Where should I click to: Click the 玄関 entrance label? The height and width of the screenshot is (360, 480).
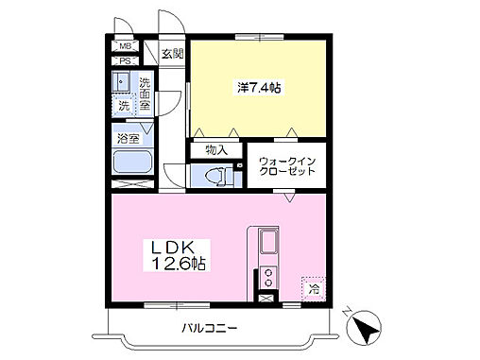click(x=171, y=54)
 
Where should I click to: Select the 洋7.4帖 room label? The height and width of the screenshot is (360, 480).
click(x=259, y=88)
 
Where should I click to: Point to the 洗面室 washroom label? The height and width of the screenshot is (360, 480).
click(x=146, y=95)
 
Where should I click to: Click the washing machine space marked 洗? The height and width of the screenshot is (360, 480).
click(x=125, y=105)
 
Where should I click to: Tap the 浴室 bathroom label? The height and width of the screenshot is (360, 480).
click(x=127, y=138)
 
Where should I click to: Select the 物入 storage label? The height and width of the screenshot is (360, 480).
click(x=216, y=148)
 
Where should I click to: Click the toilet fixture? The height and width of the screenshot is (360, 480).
click(x=215, y=175)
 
